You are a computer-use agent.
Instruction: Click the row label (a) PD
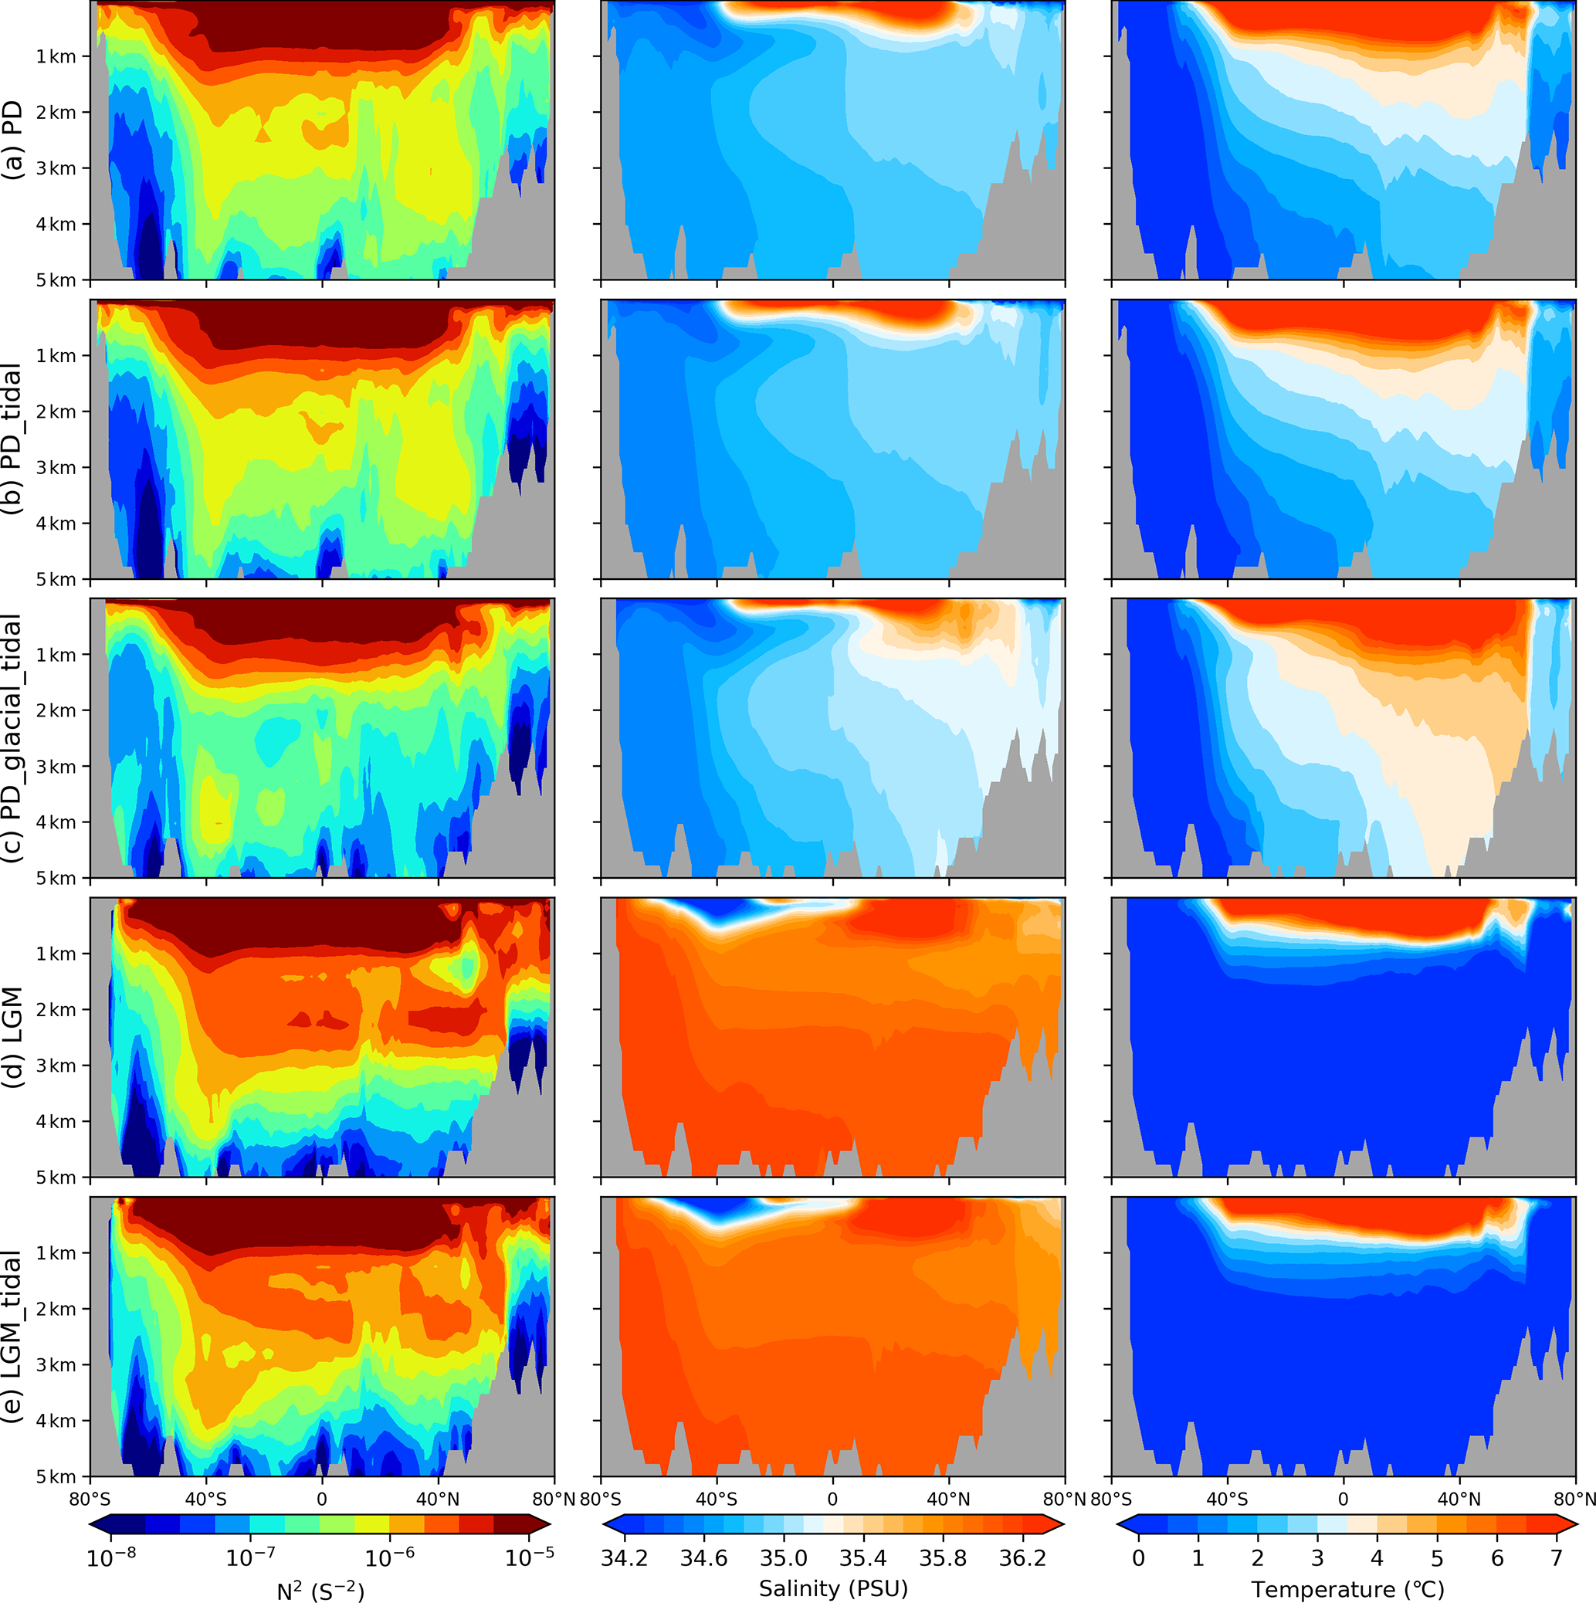(x=14, y=141)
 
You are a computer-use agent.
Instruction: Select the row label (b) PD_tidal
(x=14, y=440)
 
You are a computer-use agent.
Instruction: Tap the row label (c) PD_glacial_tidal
(x=14, y=738)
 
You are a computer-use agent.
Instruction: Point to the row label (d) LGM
(x=14, y=1037)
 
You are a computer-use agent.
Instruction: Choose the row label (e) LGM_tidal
(x=14, y=1337)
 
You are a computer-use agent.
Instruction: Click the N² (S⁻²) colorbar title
(x=320, y=1590)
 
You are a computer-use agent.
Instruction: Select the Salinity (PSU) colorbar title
(x=833, y=1588)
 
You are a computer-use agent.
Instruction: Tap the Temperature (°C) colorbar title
(x=1347, y=1589)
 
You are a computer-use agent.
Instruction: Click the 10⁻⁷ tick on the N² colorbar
(x=250, y=1557)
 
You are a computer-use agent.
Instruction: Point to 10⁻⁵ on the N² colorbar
(x=528, y=1557)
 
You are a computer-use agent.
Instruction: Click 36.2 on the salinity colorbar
(x=1023, y=1558)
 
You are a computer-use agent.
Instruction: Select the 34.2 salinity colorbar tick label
(x=625, y=1558)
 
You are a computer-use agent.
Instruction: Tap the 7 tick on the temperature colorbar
(x=1556, y=1558)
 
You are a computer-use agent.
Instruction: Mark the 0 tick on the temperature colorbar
(x=1138, y=1558)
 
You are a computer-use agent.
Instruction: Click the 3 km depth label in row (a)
(x=56, y=168)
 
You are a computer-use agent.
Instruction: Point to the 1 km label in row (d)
(x=56, y=954)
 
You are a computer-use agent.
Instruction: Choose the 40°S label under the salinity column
(x=716, y=1500)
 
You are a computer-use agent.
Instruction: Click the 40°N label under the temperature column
(x=1459, y=1500)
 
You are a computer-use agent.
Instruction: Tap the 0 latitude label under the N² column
(x=322, y=1500)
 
